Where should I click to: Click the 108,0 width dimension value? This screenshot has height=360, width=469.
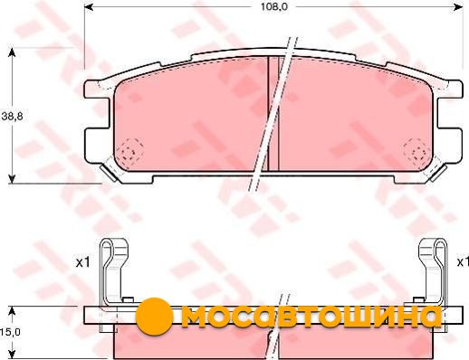point(274,6)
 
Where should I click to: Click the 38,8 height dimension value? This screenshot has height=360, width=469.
point(13,116)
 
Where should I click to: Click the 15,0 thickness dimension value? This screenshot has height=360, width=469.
point(11,332)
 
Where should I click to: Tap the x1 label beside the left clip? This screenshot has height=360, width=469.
point(82,262)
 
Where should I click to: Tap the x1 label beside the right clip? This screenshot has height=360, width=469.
point(463,262)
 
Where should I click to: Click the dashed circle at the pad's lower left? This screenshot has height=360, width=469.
point(130,152)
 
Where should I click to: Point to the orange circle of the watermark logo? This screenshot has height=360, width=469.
point(155,317)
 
